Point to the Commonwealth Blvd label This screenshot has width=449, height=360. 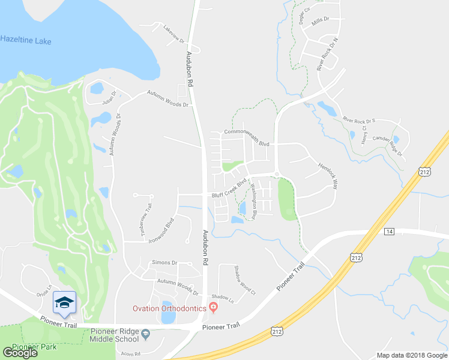pos(247,139)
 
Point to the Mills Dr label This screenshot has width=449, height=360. pos(321,20)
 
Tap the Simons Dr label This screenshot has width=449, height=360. pos(165,263)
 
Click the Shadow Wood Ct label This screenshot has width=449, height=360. pos(244,281)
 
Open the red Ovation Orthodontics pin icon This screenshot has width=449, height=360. pos(212,308)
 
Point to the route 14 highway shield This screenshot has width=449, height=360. pos(389,231)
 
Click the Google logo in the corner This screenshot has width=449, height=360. pos(20,352)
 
